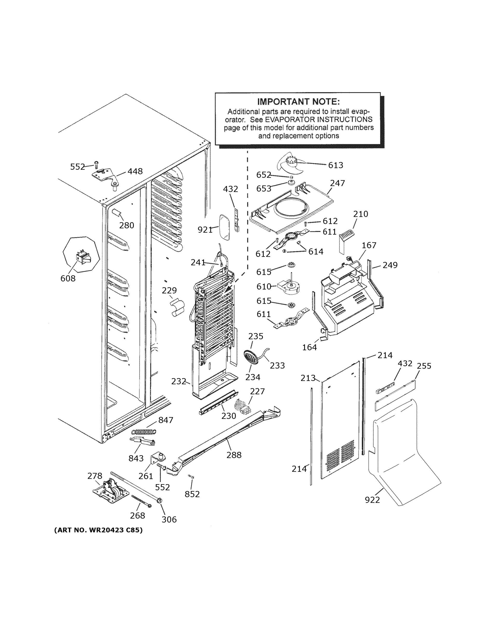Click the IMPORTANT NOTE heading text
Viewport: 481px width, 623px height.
pyautogui.click(x=298, y=102)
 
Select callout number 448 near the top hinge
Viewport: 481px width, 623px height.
pyautogui.click(x=135, y=171)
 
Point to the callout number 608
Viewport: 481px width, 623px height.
pyautogui.click(x=68, y=279)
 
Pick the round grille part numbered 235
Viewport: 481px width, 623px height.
pyautogui.click(x=251, y=357)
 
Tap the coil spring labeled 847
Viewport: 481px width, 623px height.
pyautogui.click(x=144, y=432)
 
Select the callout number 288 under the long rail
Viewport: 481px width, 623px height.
pyautogui.click(x=234, y=455)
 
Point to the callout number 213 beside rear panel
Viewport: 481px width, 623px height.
pyautogui.click(x=308, y=378)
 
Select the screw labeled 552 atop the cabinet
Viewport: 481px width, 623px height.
pyautogui.click(x=96, y=164)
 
